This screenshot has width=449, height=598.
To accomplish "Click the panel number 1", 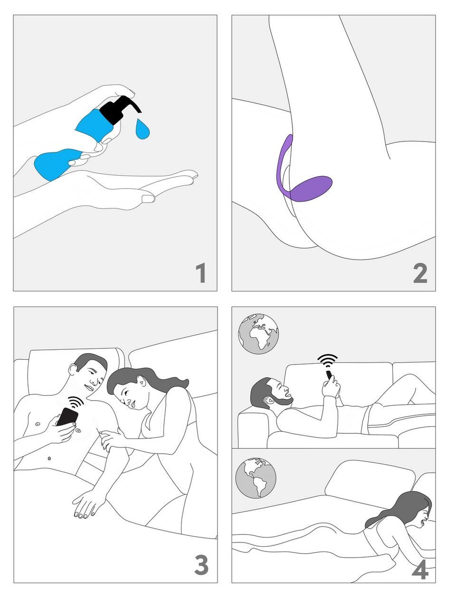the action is click(201, 273).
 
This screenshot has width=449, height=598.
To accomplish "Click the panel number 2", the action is click(420, 273).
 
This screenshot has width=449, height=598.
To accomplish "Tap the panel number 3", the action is click(201, 565).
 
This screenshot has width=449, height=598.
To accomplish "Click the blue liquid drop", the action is click(143, 129).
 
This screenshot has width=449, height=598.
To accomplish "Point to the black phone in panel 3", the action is click(67, 417).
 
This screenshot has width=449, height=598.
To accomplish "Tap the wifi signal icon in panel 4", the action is click(327, 361).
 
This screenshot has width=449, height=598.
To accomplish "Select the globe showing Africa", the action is click(258, 334).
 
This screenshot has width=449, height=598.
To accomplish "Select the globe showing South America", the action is click(256, 478).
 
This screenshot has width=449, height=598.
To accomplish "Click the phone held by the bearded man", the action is click(329, 375).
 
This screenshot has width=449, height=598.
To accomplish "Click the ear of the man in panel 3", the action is click(73, 369).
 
